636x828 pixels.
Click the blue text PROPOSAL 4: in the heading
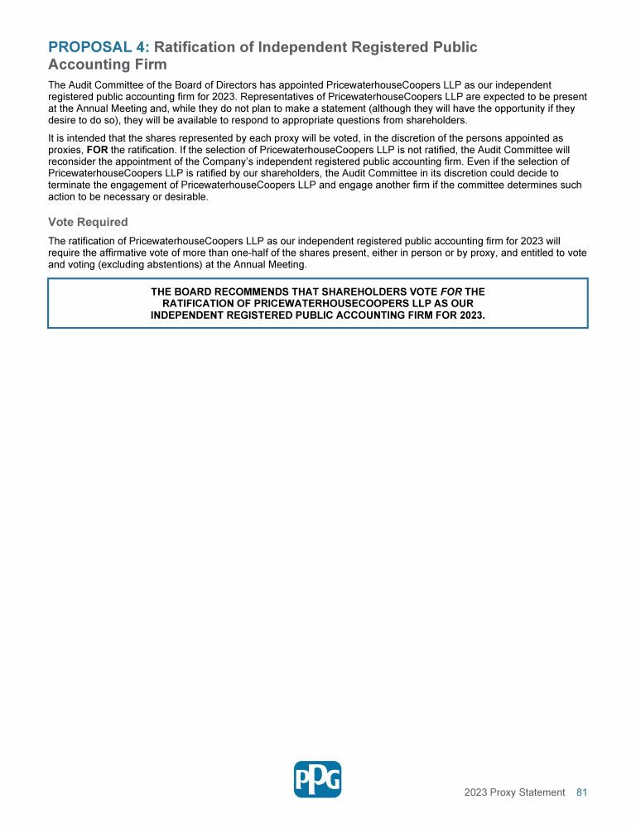(x=99, y=47)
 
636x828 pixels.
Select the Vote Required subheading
(x=88, y=222)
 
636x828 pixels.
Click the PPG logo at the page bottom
(x=317, y=779)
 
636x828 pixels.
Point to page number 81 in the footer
(x=581, y=792)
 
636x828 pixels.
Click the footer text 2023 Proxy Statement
(x=514, y=792)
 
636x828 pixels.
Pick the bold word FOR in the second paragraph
(x=97, y=151)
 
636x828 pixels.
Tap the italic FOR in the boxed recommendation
(x=450, y=292)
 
